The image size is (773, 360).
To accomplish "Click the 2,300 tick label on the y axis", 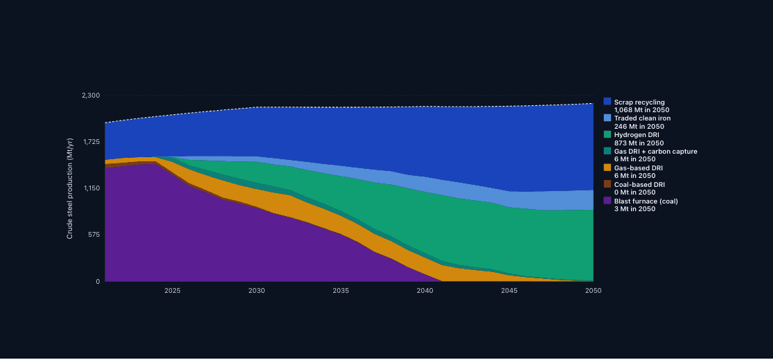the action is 91,96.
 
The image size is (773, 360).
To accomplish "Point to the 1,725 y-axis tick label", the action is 91,142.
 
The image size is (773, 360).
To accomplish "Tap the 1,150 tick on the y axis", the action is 91,188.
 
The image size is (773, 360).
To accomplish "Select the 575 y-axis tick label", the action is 94,235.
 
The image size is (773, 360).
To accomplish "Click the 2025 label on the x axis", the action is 172,291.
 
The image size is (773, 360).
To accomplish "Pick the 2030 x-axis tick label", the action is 256,291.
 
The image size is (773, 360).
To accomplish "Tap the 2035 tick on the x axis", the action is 341,291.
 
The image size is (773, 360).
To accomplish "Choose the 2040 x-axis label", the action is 425,291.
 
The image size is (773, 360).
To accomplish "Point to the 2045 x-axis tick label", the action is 509,291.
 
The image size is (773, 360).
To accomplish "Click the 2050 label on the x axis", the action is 593,291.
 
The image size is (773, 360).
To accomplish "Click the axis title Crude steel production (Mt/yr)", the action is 70,188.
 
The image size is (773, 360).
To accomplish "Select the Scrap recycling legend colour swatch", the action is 607,101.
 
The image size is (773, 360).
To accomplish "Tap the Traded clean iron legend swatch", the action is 607,118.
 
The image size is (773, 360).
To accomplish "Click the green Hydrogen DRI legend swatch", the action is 607,134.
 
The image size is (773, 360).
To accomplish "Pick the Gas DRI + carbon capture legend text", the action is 656,151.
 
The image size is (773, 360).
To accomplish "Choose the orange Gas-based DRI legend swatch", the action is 607,168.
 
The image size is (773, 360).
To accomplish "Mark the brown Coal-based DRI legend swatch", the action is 607,184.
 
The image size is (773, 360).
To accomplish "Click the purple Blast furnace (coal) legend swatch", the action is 607,201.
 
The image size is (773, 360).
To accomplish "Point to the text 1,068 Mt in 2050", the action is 642,110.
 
